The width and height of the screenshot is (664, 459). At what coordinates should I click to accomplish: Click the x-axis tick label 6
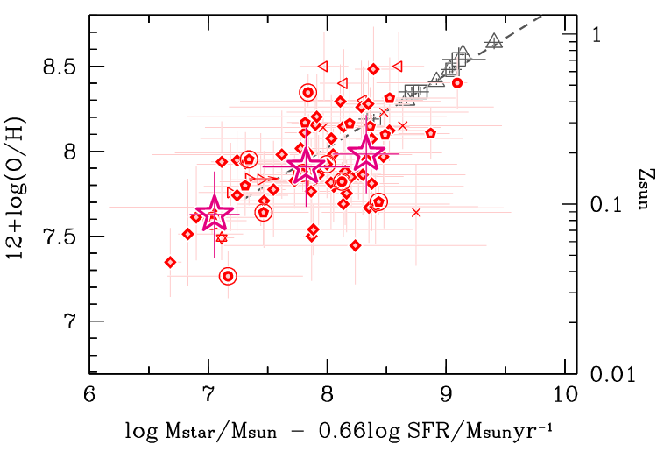89,395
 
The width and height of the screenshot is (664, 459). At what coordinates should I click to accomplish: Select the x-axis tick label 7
208,395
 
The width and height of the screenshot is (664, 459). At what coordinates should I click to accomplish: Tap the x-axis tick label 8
328,395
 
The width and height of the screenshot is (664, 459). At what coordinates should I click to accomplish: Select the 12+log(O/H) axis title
21,194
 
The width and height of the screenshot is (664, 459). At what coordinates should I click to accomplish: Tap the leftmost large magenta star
214,214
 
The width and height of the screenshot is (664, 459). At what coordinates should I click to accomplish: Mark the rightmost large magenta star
367,154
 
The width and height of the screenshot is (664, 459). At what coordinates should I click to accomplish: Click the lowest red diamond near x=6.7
170,262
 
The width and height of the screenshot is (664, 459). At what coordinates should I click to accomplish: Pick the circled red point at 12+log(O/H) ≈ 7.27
228,276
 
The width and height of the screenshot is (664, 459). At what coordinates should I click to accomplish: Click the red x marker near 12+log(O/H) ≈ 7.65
416,212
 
